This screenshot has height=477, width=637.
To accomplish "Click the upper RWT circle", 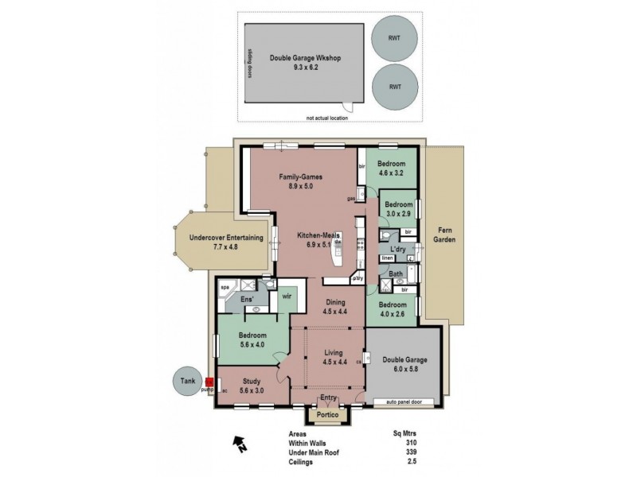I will [394, 37].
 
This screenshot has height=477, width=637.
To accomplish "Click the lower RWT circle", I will [394, 87].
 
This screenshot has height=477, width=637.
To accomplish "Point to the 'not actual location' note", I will [329, 118].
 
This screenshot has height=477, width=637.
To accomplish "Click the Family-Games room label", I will [303, 180].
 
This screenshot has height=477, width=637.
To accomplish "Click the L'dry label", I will [398, 250].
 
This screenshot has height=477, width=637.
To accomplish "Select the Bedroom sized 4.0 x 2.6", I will [393, 309].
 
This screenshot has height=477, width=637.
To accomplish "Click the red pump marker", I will [209, 383].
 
